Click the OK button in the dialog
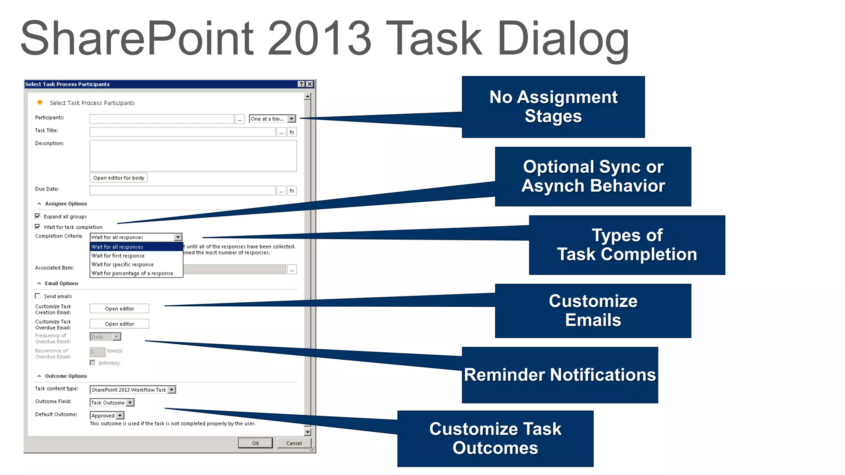255,443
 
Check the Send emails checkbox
38,296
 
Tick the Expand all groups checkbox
38,216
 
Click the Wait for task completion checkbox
38,227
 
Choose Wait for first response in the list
118,256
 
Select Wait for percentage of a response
132,273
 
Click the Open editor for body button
119,178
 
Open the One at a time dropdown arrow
292,119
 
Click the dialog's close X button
310,84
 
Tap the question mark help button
302,84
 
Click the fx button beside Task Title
292,132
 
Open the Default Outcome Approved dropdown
120,416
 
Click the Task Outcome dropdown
130,403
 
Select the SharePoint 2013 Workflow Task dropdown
172,390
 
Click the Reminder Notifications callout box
559,375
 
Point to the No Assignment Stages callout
553,107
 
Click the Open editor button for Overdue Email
119,324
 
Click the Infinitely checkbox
93,363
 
